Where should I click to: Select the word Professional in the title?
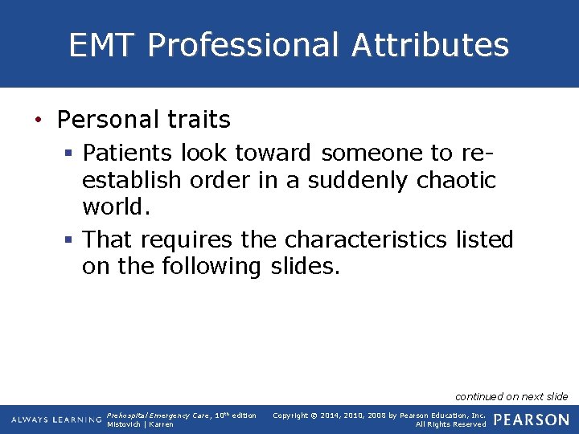pyautogui.click(x=244, y=45)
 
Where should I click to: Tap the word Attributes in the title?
pyautogui.click(x=430, y=45)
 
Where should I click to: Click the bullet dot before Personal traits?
pyautogui.click(x=38, y=121)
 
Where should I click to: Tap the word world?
pyautogui.click(x=116, y=207)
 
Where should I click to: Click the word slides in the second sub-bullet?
pyautogui.click(x=302, y=266)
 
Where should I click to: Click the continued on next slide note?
pyautogui.click(x=511, y=396)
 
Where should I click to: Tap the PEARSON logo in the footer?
pyautogui.click(x=532, y=420)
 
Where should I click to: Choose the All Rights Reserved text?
pyautogui.click(x=450, y=424)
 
